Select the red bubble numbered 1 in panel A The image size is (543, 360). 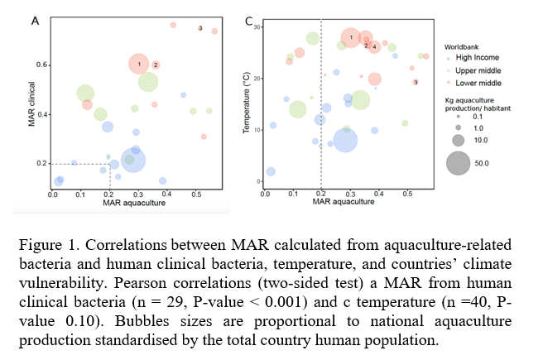tap(141, 64)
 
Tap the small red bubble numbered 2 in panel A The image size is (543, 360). tap(155, 65)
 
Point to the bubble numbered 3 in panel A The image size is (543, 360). tap(200, 29)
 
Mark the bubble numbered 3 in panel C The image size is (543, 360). tap(415, 81)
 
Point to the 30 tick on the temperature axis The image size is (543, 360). tap(257, 27)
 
